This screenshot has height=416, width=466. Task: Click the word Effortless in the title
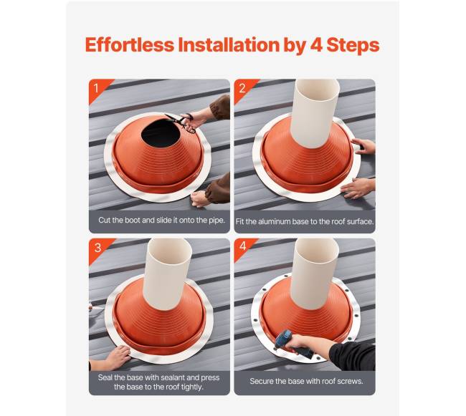click(x=130, y=45)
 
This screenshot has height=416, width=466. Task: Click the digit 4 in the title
click(x=316, y=45)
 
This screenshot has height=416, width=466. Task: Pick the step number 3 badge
click(x=98, y=248)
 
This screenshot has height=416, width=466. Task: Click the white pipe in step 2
click(x=315, y=112)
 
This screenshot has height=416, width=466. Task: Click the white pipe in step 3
click(x=167, y=273)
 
